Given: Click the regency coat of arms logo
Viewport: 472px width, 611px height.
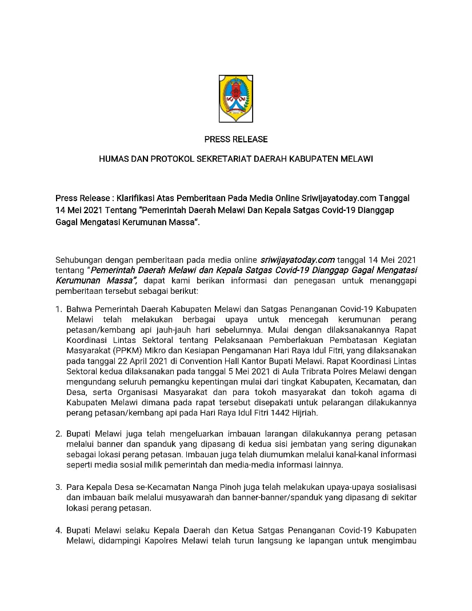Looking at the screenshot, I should (236, 98).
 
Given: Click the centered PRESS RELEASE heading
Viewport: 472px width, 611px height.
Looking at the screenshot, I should (236, 139).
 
